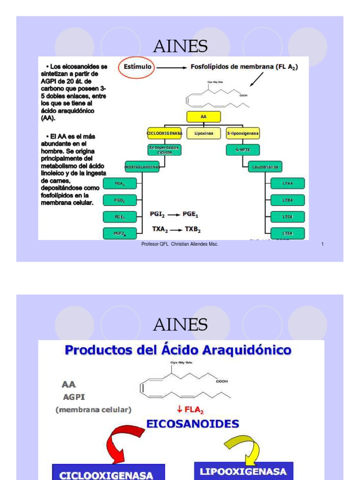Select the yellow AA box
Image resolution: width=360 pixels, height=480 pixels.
click(x=203, y=117)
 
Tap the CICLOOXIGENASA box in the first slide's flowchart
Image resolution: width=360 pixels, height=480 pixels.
click(x=164, y=134)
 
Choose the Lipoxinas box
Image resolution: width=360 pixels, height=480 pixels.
click(x=203, y=134)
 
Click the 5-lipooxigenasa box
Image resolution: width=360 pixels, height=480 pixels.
click(x=243, y=134)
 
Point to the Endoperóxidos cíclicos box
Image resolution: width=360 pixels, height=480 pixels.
click(x=164, y=150)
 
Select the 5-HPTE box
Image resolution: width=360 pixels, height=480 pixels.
click(x=243, y=150)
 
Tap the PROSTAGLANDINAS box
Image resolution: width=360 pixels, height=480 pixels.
click(x=142, y=166)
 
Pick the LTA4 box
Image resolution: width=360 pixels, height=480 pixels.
click(x=288, y=183)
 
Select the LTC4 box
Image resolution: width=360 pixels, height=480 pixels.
click(x=288, y=217)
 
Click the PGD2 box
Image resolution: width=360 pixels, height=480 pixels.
click(x=120, y=200)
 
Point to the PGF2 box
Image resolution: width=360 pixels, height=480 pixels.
click(x=120, y=233)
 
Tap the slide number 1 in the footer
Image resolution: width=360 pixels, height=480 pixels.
click(x=323, y=244)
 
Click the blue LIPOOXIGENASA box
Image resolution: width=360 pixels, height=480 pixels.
click(x=243, y=472)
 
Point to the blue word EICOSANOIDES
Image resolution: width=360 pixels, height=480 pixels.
click(x=193, y=424)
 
